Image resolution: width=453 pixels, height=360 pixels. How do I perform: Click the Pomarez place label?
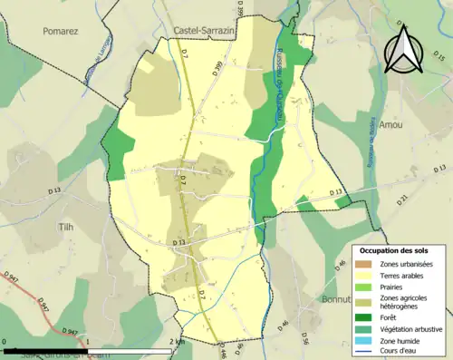(62, 30)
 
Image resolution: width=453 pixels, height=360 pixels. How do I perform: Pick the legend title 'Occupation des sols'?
(394, 249)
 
